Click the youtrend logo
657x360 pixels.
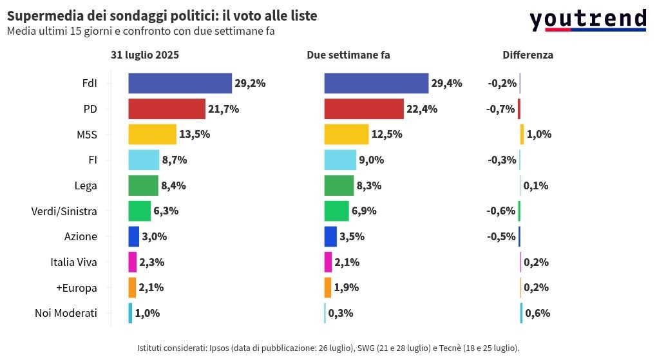click(x=588, y=21)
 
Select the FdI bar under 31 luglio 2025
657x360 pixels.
click(x=180, y=84)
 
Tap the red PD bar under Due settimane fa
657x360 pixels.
click(x=364, y=109)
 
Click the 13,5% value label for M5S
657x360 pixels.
click(x=195, y=134)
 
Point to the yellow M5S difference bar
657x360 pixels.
click(x=522, y=135)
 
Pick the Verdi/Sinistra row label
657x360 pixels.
click(x=64, y=211)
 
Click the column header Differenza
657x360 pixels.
click(x=528, y=55)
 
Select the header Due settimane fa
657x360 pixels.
click(x=348, y=55)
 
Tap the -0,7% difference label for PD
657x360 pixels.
click(x=500, y=109)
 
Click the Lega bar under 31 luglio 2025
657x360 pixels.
click(x=143, y=185)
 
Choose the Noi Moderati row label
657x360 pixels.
click(x=66, y=313)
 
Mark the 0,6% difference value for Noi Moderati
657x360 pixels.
click(x=538, y=313)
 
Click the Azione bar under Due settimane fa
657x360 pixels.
click(x=330, y=237)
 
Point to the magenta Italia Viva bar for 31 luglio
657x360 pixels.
click(x=133, y=262)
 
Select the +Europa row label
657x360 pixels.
click(x=77, y=288)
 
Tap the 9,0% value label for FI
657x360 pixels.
click(x=372, y=160)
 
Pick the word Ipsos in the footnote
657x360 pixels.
click(x=219, y=348)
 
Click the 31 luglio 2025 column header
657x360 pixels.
click(x=145, y=55)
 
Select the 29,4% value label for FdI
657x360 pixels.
click(x=446, y=84)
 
